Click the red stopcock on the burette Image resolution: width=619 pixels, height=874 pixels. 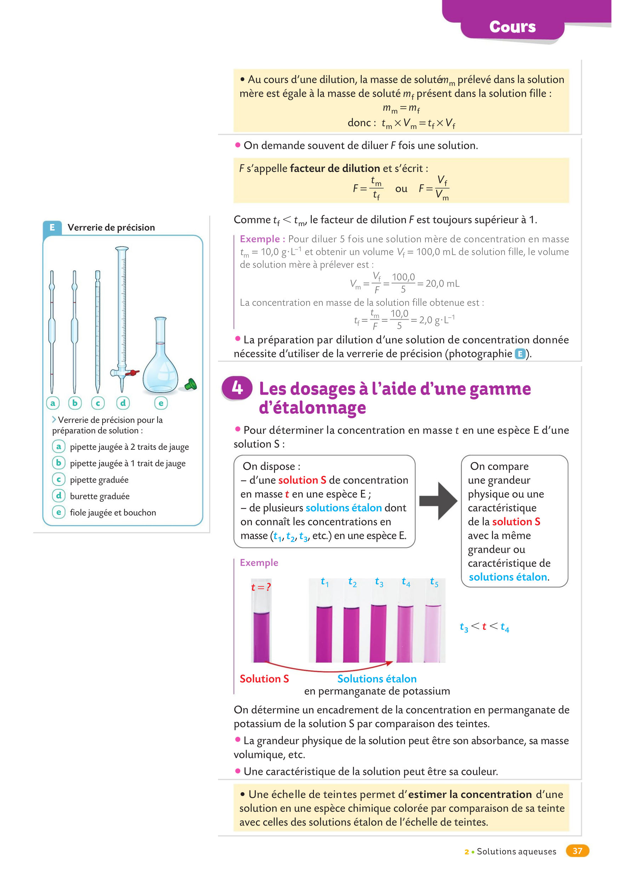[x=133, y=373]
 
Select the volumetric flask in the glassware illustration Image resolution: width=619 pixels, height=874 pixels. [x=160, y=362]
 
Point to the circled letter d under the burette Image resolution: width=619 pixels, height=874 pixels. [x=123, y=403]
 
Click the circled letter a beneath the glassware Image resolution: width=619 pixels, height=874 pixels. [x=53, y=403]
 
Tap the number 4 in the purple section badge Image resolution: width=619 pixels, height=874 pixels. [x=237, y=388]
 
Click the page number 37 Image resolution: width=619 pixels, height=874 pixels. [x=577, y=851]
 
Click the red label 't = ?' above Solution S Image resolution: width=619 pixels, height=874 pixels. [x=261, y=587]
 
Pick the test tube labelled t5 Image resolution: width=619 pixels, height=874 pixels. [x=433, y=633]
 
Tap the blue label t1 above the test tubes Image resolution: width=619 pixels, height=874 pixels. [x=325, y=582]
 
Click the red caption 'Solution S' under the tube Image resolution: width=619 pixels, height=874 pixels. [x=264, y=679]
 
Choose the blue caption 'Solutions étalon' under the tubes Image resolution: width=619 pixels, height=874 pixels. [x=377, y=679]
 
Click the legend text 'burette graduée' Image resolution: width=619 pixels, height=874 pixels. [x=100, y=496]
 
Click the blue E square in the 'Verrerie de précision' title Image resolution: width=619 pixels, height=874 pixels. [x=52, y=228]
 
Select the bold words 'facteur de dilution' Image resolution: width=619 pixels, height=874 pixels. [x=335, y=168]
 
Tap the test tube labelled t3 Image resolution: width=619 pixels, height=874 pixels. [x=378, y=633]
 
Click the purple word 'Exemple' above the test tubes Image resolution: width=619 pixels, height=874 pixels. [x=259, y=562]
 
